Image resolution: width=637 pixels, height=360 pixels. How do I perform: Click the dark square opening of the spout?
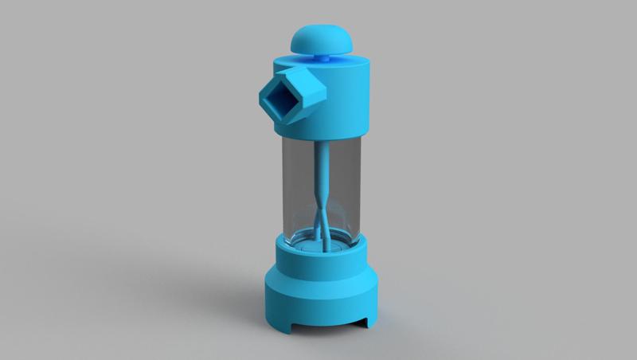tap(282, 100)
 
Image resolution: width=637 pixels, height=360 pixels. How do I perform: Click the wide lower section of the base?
tap(318, 303)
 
